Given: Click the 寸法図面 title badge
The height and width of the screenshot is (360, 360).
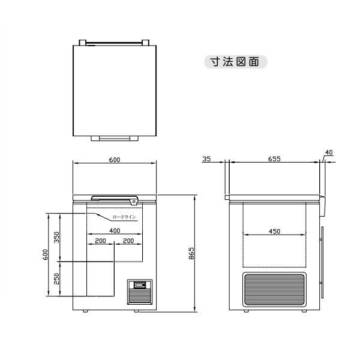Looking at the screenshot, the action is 236,62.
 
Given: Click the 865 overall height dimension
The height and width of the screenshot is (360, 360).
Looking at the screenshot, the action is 191,253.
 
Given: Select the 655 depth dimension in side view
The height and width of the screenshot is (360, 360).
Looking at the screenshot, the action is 274,159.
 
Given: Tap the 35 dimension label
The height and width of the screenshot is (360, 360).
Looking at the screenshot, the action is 206,159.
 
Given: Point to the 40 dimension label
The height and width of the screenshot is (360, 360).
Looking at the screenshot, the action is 329,152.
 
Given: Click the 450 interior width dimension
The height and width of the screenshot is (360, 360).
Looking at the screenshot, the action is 275,231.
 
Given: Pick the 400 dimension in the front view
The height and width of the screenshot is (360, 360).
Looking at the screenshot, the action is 115,230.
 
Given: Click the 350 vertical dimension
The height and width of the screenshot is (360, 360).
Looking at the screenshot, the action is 56,237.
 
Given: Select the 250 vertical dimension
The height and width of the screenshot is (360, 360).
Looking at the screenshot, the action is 56,279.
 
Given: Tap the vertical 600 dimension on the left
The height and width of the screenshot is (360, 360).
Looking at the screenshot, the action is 45,254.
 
